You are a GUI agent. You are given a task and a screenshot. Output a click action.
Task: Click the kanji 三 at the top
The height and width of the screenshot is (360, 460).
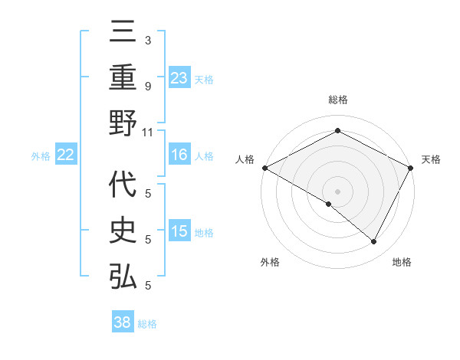[123, 31]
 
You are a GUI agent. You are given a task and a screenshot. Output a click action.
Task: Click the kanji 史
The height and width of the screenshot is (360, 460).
[123, 231]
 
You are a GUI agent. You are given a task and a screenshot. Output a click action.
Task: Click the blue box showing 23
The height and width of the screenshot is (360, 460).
[179, 77]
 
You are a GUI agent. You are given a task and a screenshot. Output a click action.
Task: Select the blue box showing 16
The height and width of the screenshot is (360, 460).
[179, 155]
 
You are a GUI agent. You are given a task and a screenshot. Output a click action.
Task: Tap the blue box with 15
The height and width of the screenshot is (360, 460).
[179, 231]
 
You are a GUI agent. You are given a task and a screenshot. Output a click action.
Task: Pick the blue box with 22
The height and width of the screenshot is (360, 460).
[66, 155]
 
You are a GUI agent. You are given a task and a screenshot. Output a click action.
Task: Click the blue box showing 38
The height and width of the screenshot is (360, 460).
[123, 322]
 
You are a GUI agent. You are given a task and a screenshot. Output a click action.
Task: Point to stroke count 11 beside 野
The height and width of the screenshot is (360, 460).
[147, 132]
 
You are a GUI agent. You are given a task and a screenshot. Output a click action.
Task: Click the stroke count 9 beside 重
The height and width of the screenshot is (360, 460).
[148, 87]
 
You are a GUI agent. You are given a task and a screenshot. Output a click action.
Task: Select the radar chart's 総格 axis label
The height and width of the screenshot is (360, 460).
[337, 100]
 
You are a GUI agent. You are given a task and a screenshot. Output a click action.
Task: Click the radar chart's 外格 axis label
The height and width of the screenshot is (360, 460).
[270, 262]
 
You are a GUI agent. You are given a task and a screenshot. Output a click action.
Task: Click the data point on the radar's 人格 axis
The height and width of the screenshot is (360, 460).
[264, 168]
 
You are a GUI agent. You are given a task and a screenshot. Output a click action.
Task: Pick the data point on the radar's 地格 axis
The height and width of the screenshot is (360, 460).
[374, 241]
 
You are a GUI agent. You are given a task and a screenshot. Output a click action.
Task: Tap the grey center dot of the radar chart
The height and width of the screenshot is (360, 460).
[337, 191]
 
